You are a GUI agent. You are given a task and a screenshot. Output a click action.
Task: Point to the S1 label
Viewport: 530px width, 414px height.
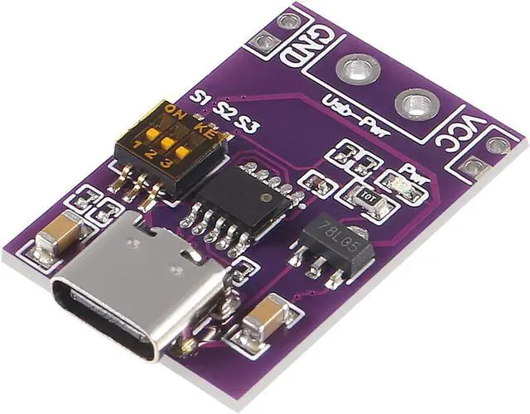tap(199, 97)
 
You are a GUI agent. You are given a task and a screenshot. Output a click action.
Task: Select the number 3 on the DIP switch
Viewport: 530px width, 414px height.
tap(168, 163)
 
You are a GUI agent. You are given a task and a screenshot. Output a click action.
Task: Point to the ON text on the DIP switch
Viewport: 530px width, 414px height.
tap(174, 111)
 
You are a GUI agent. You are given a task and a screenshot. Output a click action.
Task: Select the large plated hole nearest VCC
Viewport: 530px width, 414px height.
tap(412, 104)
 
